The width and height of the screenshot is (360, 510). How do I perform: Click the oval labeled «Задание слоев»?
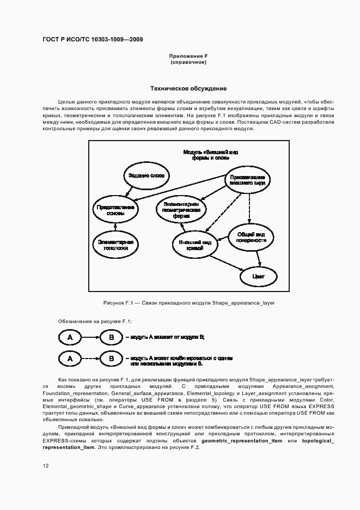point(145,175)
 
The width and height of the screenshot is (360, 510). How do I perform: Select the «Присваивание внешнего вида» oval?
point(247,180)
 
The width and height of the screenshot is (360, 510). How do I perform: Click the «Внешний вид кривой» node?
point(194,244)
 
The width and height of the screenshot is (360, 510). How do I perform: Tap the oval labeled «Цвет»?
point(259,276)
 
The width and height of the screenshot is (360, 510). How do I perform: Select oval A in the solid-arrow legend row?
point(70,338)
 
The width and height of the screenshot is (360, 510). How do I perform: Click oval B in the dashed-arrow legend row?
point(112,359)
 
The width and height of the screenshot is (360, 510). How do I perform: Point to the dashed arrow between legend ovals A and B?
point(90,359)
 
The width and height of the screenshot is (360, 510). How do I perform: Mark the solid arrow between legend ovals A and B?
point(90,338)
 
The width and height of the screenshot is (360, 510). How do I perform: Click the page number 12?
point(45,465)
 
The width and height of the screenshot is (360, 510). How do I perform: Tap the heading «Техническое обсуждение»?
point(188,89)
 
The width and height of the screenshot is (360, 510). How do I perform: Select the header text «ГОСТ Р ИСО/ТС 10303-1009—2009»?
point(93,40)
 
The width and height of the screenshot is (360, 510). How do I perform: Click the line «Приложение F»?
point(188,56)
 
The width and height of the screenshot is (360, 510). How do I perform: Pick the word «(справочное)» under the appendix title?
point(188,62)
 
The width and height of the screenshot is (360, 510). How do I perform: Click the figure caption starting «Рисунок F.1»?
point(188,302)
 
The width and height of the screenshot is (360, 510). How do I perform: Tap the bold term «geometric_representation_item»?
point(241,440)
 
